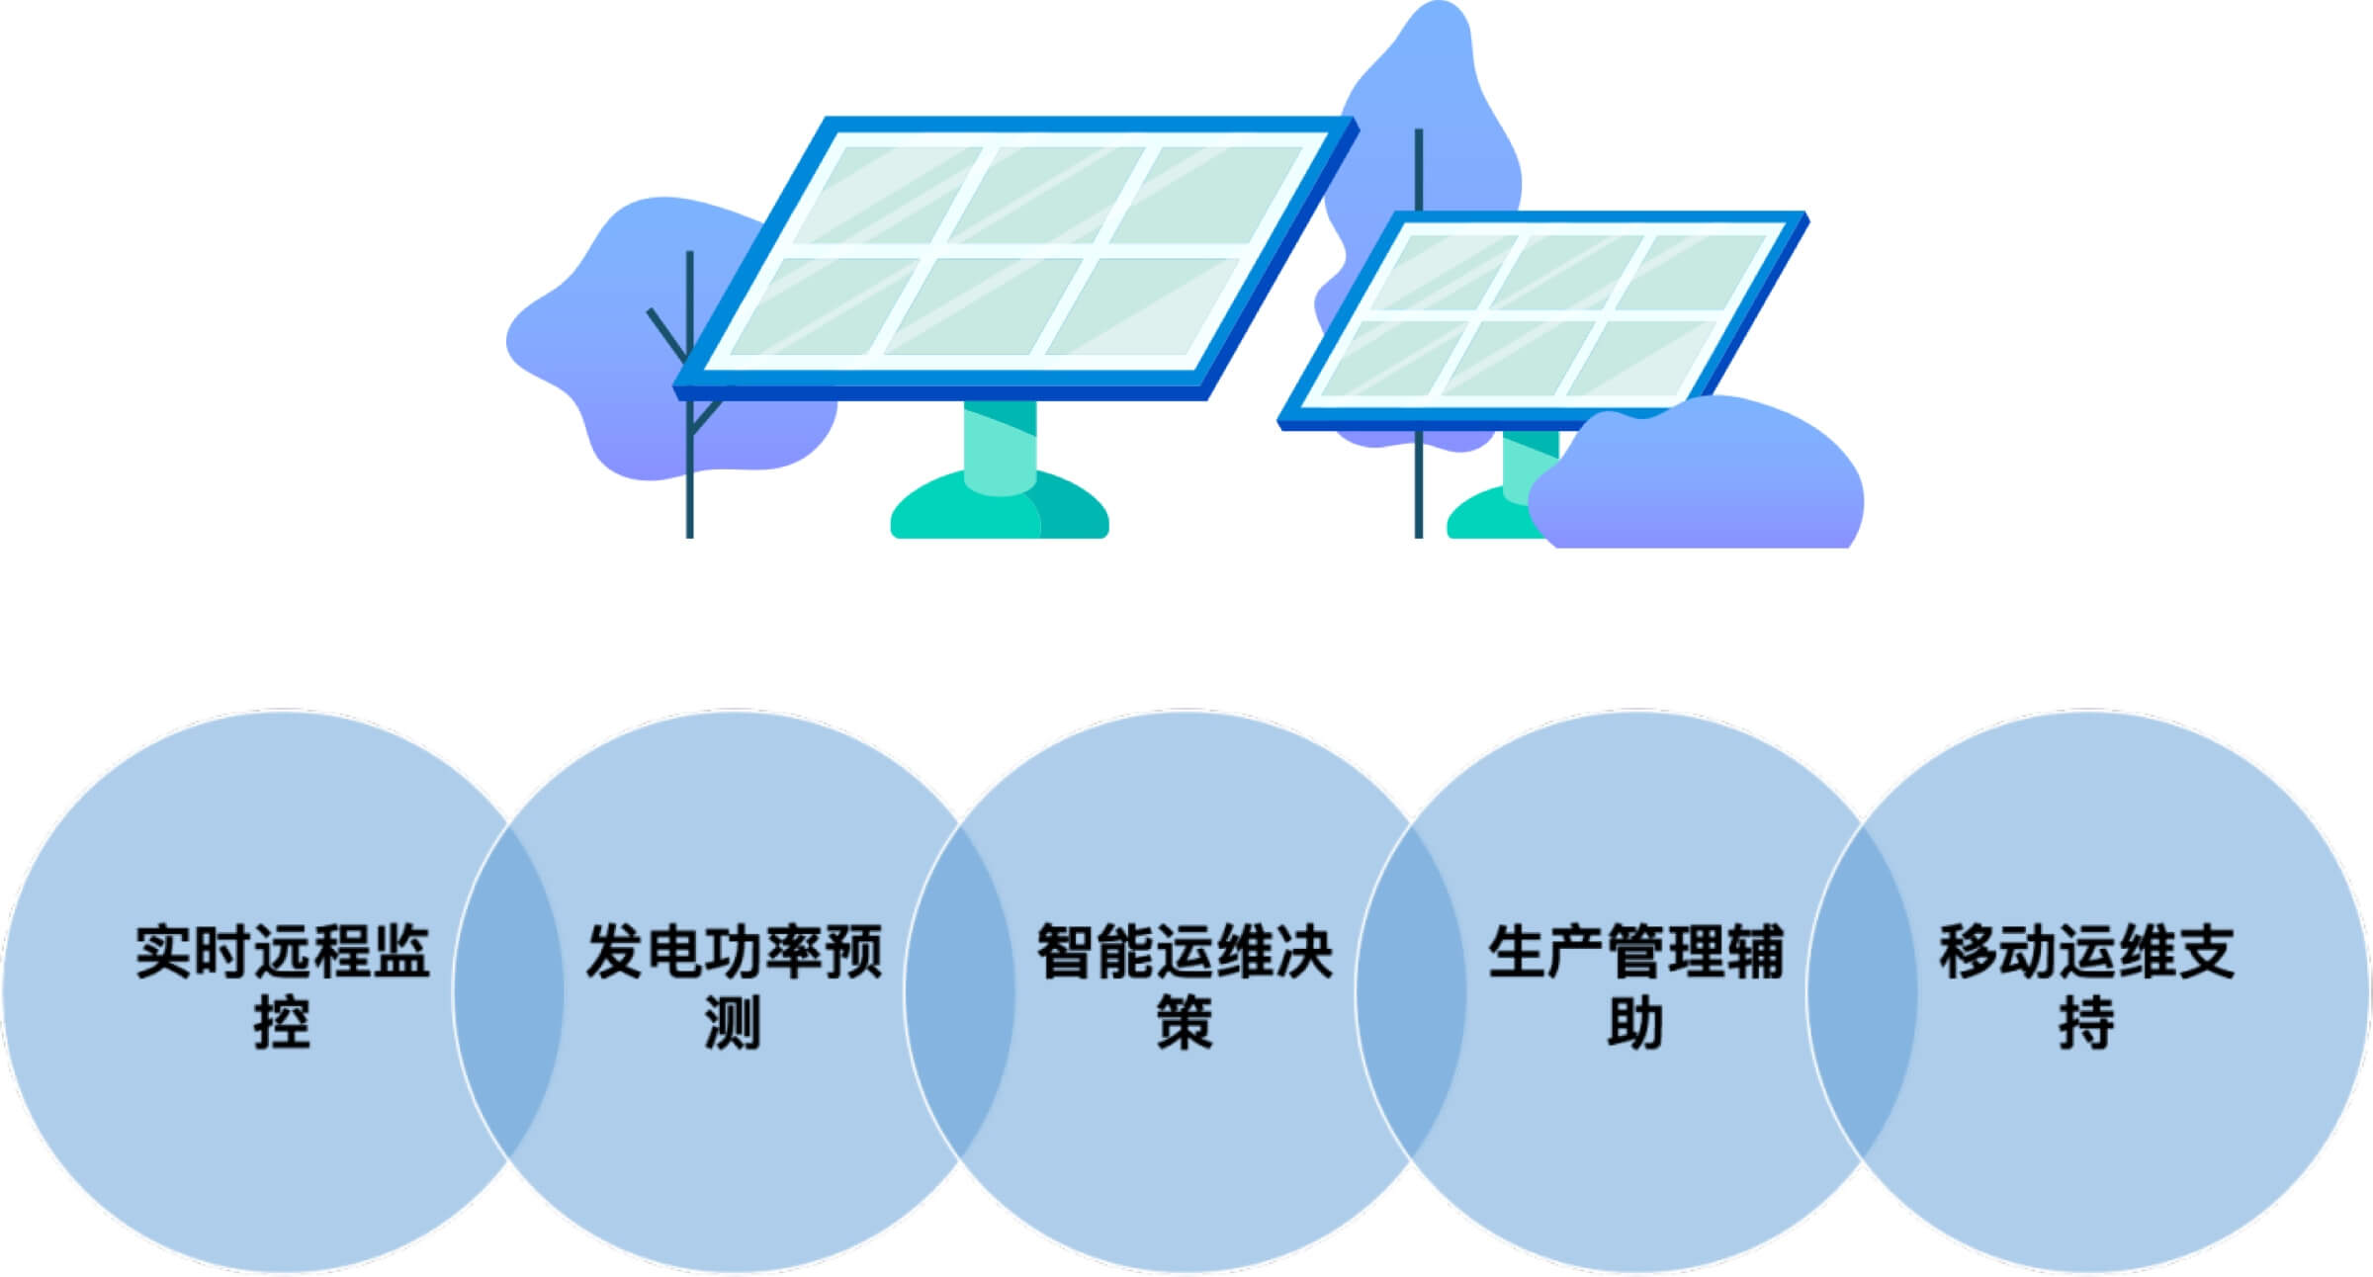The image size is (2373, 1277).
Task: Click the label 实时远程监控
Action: click(283, 985)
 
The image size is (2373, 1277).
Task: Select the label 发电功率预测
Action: click(734, 985)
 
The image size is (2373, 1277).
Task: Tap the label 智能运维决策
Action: click(1185, 985)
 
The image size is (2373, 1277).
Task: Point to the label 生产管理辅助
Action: click(1635, 985)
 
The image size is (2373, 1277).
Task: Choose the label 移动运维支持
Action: click(2086, 985)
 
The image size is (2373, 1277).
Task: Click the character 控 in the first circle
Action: click(283, 1022)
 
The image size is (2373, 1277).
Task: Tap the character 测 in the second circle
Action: click(734, 1022)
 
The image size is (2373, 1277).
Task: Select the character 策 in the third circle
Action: click(1185, 1022)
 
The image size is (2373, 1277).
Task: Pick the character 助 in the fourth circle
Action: click(1635, 1022)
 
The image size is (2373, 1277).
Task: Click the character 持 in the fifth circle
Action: click(2086, 1022)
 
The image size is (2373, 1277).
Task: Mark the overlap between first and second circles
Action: click(508, 991)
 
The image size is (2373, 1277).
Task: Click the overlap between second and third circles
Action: click(959, 991)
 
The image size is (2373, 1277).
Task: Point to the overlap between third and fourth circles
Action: click(1410, 991)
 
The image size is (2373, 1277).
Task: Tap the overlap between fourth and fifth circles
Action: click(1862, 991)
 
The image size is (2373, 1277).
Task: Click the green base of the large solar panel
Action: click(999, 504)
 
